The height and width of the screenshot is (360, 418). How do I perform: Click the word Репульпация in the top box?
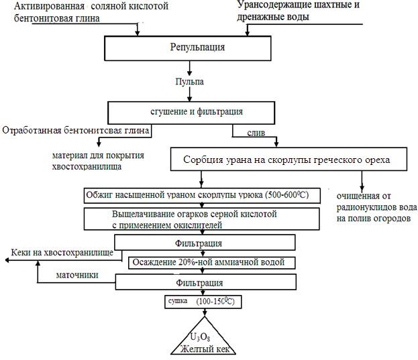pos(197,48)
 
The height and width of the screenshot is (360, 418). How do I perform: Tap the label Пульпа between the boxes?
pos(189,82)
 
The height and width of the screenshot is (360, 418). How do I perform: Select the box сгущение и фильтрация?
pos(191,113)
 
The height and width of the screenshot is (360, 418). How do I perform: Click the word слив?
pos(256,133)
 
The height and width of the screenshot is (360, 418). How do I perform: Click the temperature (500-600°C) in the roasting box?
pos(287,194)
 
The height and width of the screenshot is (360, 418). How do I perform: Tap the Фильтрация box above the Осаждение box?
pos(205,242)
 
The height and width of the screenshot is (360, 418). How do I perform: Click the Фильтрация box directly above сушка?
pos(206,282)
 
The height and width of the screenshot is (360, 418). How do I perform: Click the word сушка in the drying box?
pos(178,301)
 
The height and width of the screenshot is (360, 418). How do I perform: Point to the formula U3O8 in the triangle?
pos(200,337)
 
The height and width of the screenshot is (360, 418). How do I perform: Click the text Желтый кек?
pos(205,349)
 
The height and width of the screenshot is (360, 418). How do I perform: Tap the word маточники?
pos(77,275)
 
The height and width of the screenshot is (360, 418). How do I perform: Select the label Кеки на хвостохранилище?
pos(62,253)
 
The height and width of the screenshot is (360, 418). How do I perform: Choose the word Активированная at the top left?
pos(50,6)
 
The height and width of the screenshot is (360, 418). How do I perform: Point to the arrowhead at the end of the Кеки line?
pos(7,260)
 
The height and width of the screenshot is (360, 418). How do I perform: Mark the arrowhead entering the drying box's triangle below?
pos(205,312)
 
